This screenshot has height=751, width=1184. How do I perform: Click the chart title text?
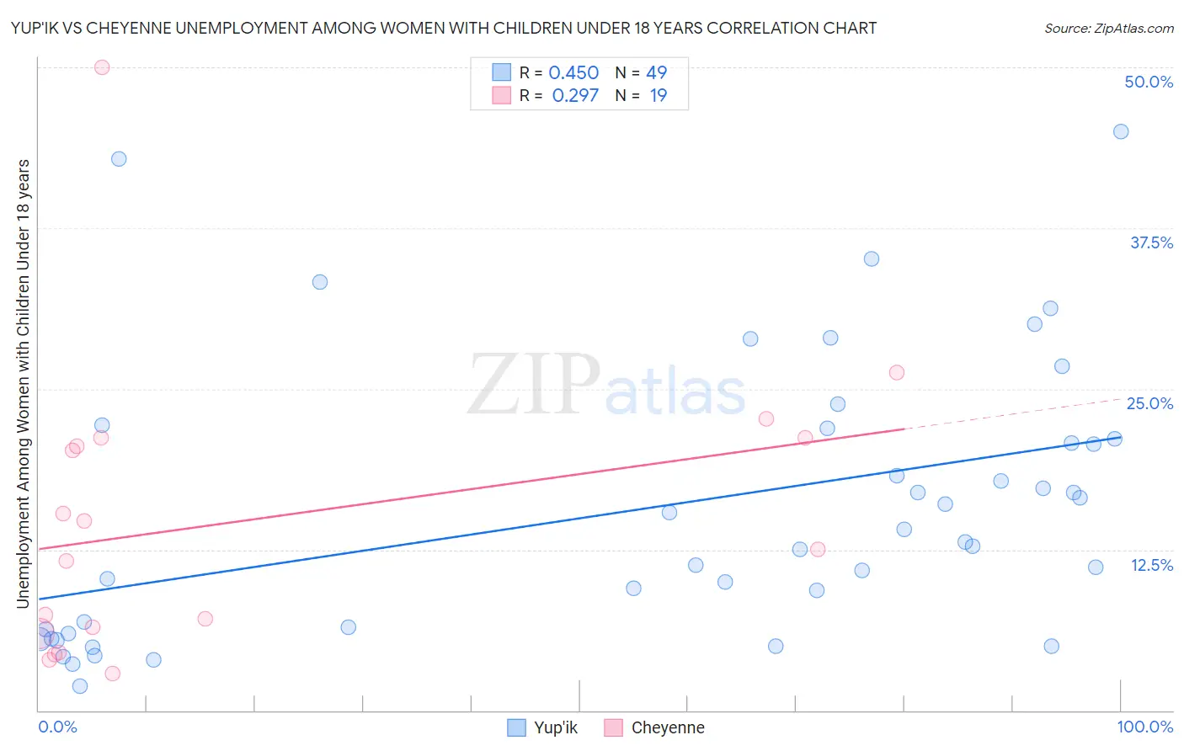tap(444, 28)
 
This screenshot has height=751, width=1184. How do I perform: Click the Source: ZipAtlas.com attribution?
tap(1108, 28)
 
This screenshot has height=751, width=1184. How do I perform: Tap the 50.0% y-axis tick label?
tap(1149, 82)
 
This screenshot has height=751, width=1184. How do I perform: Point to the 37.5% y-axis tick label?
tap(1151, 242)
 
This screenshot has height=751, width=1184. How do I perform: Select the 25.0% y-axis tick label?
tap(1149, 403)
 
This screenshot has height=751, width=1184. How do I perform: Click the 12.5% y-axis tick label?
tap(1151, 565)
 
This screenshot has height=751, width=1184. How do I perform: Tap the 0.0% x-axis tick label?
tap(57, 727)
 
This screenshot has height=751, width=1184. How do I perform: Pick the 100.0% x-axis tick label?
tap(1144, 727)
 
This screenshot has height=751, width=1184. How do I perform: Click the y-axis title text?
tap(23, 383)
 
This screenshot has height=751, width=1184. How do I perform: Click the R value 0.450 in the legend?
tap(573, 72)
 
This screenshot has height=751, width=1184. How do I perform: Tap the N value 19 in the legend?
tap(658, 95)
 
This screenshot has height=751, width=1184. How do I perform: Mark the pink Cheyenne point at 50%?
tap(102, 67)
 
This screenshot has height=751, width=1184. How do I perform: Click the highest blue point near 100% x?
tap(1121, 131)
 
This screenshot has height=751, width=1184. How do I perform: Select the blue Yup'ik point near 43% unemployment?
tap(119, 159)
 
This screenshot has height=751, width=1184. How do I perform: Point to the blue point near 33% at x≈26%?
tap(320, 282)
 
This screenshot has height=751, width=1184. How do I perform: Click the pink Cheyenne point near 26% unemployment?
tap(897, 372)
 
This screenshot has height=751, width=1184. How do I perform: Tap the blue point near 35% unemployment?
tap(872, 258)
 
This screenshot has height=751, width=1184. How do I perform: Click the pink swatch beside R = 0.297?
tap(502, 95)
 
